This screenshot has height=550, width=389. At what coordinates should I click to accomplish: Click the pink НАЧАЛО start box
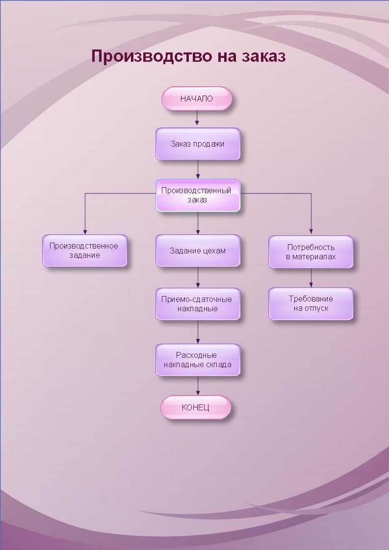tap(196, 99)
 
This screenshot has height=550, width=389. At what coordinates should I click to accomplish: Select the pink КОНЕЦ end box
tap(196, 407)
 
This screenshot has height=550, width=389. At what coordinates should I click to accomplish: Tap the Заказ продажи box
tap(198, 144)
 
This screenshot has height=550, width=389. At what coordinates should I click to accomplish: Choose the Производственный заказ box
tap(198, 196)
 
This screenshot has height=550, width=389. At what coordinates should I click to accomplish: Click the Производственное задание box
tap(84, 250)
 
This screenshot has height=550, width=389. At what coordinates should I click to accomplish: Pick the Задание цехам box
tap(198, 250)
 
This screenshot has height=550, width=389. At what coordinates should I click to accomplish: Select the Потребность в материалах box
tap(311, 252)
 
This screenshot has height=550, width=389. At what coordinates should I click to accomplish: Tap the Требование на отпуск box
tap(311, 304)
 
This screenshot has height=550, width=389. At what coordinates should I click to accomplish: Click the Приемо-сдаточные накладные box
tap(198, 304)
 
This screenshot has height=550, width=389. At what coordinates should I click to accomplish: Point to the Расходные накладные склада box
tap(198, 360)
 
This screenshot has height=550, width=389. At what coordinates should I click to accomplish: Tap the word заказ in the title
tap(263, 56)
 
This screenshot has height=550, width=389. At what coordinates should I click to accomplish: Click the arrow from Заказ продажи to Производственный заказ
tap(198, 170)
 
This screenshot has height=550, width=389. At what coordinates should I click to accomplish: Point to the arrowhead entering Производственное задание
tap(85, 232)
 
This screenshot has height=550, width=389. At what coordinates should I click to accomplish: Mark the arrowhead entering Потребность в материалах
tap(311, 232)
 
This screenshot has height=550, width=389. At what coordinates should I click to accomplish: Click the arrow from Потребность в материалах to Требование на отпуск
tap(311, 278)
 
